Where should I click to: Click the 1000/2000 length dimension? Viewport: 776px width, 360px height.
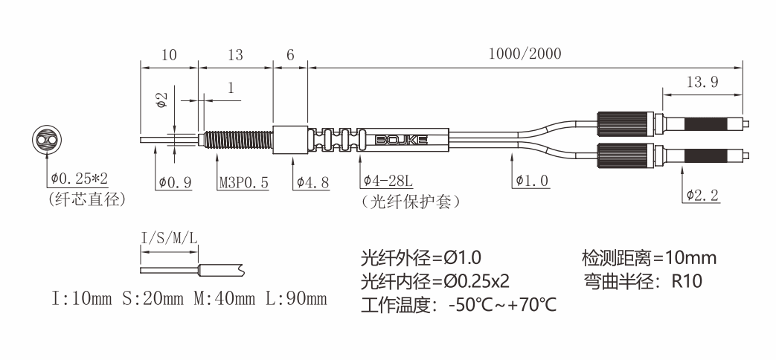pyautogui.click(x=525, y=54)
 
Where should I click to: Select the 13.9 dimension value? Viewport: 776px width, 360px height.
pyautogui.click(x=702, y=82)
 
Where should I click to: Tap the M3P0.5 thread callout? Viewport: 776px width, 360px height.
pyautogui.click(x=244, y=182)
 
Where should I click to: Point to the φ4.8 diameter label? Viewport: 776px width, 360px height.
pyautogui.click(x=312, y=182)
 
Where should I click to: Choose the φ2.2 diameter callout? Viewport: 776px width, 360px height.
pyautogui.click(x=702, y=196)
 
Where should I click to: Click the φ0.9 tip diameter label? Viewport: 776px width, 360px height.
pyautogui.click(x=175, y=182)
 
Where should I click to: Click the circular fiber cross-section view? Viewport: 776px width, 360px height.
pyautogui.click(x=46, y=139)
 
